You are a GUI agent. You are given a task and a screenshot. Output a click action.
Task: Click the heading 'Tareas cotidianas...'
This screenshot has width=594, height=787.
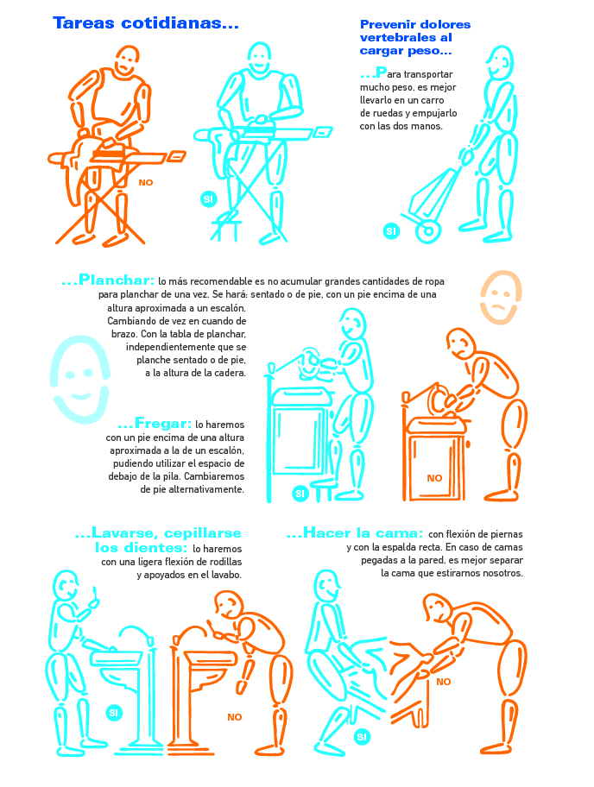coord(146,23)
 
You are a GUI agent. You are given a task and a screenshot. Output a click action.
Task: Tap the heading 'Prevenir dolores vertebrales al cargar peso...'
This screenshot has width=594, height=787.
coord(414,38)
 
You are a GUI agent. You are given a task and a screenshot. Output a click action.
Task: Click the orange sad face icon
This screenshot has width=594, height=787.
coord(501,297)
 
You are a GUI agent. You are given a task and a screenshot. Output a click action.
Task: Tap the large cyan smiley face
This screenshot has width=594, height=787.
coord(79,379)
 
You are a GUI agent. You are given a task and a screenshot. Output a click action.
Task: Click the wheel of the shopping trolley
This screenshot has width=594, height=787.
coord(428,231)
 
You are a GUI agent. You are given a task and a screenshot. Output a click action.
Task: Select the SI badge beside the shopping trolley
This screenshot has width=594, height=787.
coord(391,231)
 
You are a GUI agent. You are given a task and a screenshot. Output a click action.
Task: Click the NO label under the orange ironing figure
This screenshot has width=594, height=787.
coord(146,183)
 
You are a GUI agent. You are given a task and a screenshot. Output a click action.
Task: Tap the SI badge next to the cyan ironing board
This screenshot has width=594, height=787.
coord(208,199)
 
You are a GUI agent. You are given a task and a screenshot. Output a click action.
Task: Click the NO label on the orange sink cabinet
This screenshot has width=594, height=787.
coord(434,478)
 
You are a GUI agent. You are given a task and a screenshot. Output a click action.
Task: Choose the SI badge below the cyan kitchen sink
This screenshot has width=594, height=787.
coord(300,494)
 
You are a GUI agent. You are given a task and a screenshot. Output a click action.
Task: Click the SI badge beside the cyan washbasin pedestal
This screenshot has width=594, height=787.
coord(114,713)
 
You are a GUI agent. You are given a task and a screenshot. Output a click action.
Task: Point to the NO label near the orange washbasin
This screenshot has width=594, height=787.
coord(235,717)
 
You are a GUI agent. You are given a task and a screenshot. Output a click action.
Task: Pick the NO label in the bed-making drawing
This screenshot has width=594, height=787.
coord(444,682)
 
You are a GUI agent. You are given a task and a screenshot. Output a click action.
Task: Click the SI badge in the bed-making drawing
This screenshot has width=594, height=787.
coord(362,737)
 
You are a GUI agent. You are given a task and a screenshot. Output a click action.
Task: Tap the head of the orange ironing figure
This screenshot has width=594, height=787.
coord(126,61)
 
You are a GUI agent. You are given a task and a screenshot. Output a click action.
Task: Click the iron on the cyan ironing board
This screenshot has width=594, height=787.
coord(260,123)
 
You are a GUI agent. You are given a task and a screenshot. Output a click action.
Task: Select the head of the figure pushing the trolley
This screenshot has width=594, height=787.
coord(500,62)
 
